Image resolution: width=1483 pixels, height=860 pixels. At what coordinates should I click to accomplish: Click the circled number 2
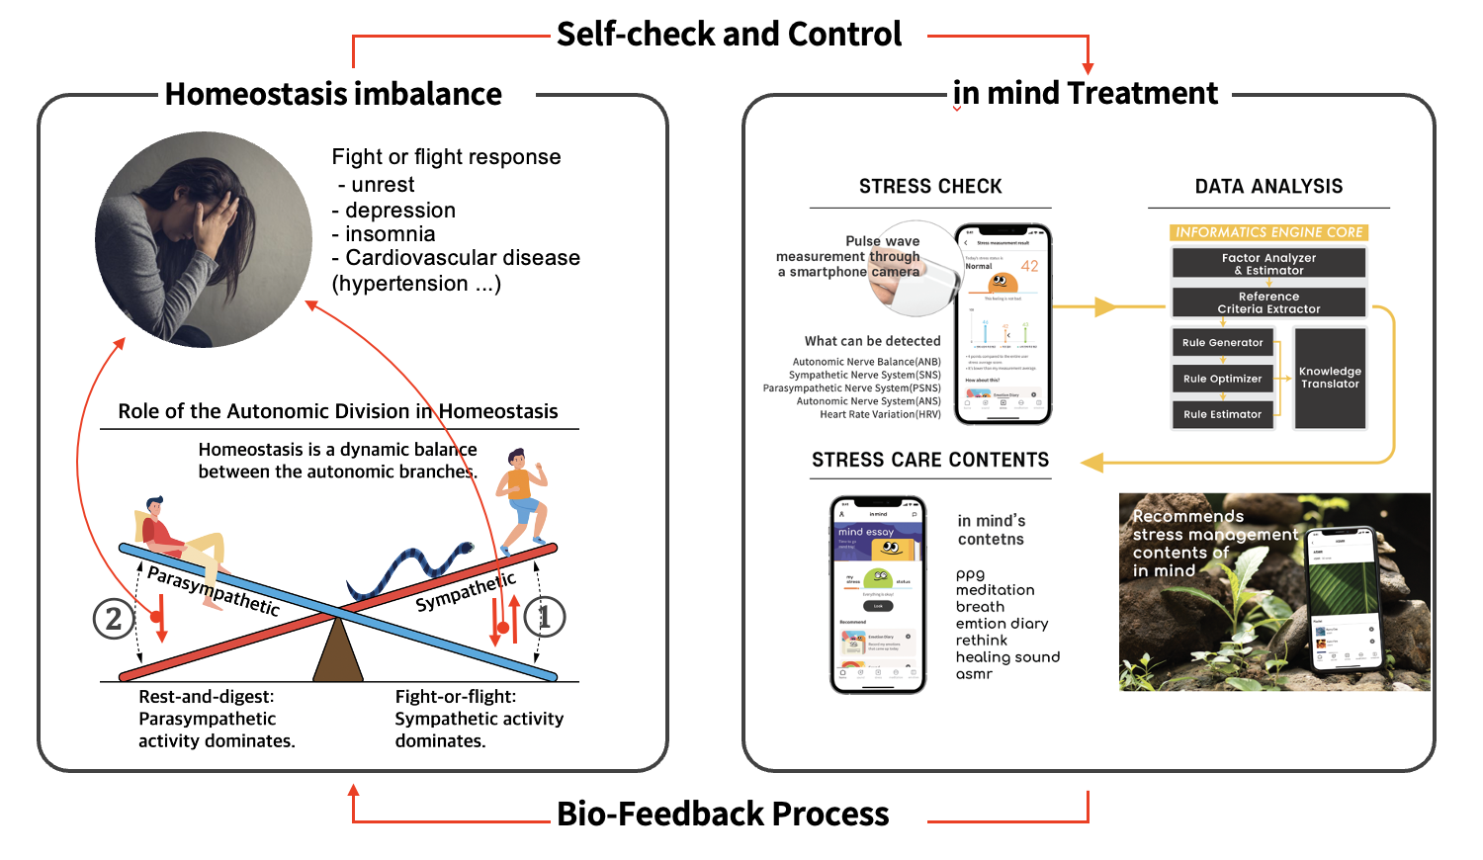click(114, 619)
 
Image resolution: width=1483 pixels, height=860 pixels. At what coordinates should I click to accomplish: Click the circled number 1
click(543, 617)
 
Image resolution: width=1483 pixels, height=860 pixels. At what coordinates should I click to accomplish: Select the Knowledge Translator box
click(1330, 378)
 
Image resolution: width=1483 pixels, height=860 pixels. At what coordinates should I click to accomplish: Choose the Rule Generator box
click(1222, 343)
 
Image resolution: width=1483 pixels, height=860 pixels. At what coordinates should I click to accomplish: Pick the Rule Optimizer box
click(1222, 379)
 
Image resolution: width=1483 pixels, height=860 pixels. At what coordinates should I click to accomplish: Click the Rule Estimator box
click(1222, 414)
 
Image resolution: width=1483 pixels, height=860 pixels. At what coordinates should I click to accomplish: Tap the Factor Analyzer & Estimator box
click(1268, 264)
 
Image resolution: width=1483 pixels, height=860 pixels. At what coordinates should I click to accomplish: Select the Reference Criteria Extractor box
click(1268, 302)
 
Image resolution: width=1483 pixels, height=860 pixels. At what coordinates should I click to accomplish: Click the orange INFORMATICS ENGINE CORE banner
click(1268, 232)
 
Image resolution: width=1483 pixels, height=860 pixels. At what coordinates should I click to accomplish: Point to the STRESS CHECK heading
click(930, 187)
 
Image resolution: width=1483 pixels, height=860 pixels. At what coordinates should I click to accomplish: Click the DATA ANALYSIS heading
click(1268, 187)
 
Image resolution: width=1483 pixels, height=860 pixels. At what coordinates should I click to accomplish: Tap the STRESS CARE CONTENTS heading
click(930, 460)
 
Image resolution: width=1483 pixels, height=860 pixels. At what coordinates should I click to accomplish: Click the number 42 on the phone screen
click(1029, 266)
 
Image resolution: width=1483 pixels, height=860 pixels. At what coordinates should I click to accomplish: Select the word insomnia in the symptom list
click(391, 234)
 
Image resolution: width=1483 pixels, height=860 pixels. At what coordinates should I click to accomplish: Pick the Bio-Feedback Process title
click(723, 814)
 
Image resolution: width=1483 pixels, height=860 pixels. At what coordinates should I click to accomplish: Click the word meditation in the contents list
click(995, 590)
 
